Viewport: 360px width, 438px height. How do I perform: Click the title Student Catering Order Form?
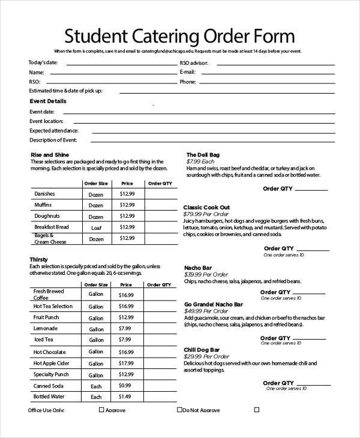point(180,37)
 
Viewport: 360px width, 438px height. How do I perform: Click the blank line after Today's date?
point(120,62)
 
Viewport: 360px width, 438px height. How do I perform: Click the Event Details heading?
point(48,101)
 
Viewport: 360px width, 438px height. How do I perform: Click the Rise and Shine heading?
point(49,155)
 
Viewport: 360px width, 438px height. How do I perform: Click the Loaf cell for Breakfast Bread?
point(96,227)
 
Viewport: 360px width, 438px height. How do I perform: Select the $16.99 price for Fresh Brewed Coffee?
point(126,295)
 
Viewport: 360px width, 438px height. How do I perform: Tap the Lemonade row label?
point(46,329)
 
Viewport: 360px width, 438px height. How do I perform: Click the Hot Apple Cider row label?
point(51,363)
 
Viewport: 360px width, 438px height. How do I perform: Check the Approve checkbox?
point(101,410)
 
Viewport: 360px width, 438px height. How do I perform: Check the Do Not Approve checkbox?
point(179,410)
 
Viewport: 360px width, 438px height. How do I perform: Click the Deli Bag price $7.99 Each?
point(200,162)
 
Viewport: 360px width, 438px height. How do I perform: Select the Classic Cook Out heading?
point(206,207)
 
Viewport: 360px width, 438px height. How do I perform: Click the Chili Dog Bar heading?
point(202,349)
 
